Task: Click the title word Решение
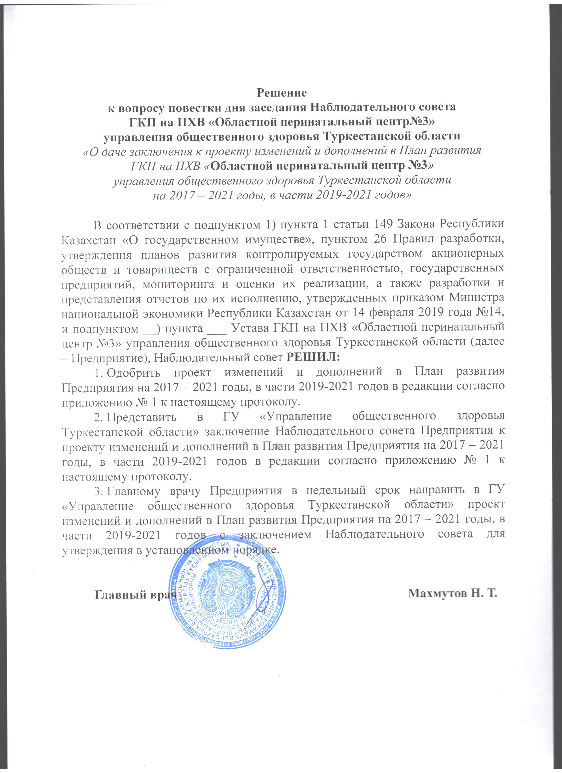281,92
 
